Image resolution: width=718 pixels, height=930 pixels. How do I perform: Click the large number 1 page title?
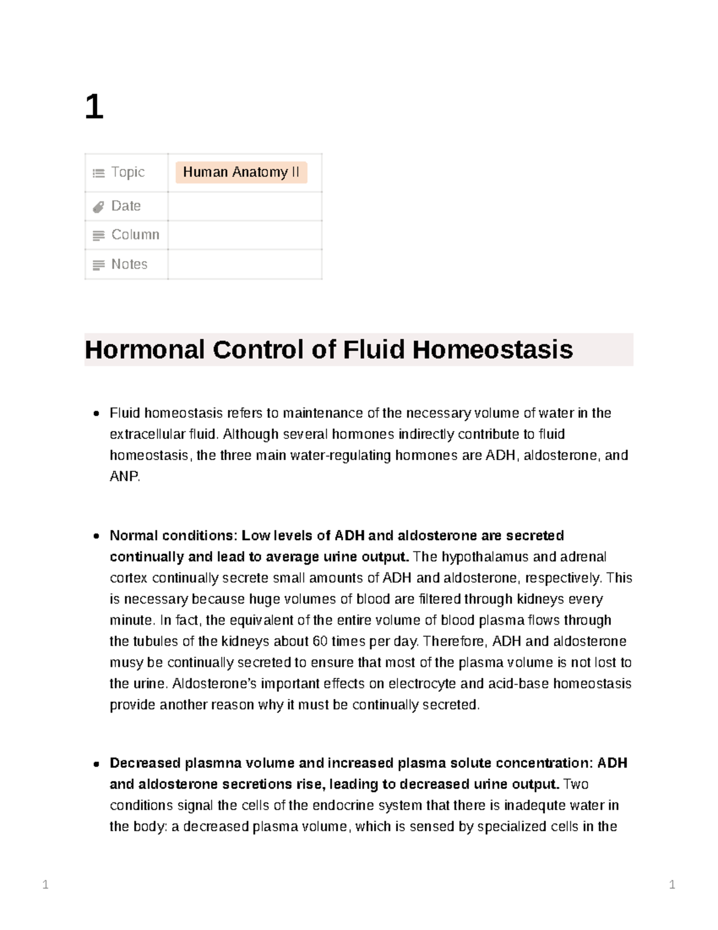click(x=94, y=108)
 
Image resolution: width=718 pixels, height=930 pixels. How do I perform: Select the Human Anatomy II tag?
click(x=241, y=172)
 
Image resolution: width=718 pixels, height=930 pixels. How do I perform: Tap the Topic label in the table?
click(x=127, y=172)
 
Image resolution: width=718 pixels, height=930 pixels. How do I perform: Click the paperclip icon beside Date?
click(x=98, y=207)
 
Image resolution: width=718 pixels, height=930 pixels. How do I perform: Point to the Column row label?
click(x=135, y=235)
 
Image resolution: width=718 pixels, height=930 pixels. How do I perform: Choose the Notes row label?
click(x=129, y=264)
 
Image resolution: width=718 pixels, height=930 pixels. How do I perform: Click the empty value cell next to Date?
click(x=245, y=207)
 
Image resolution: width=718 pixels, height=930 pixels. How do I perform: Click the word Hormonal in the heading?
click(x=145, y=350)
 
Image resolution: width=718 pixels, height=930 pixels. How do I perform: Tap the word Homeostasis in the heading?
click(x=492, y=350)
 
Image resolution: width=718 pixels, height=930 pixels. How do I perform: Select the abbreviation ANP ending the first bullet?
click(x=124, y=477)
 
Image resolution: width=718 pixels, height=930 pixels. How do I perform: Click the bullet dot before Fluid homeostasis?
click(x=96, y=414)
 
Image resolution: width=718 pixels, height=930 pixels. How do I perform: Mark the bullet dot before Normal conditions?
click(x=96, y=537)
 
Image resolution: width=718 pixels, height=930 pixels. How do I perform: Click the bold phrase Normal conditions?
click(x=173, y=535)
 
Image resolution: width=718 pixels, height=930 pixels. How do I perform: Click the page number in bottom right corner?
click(x=672, y=884)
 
